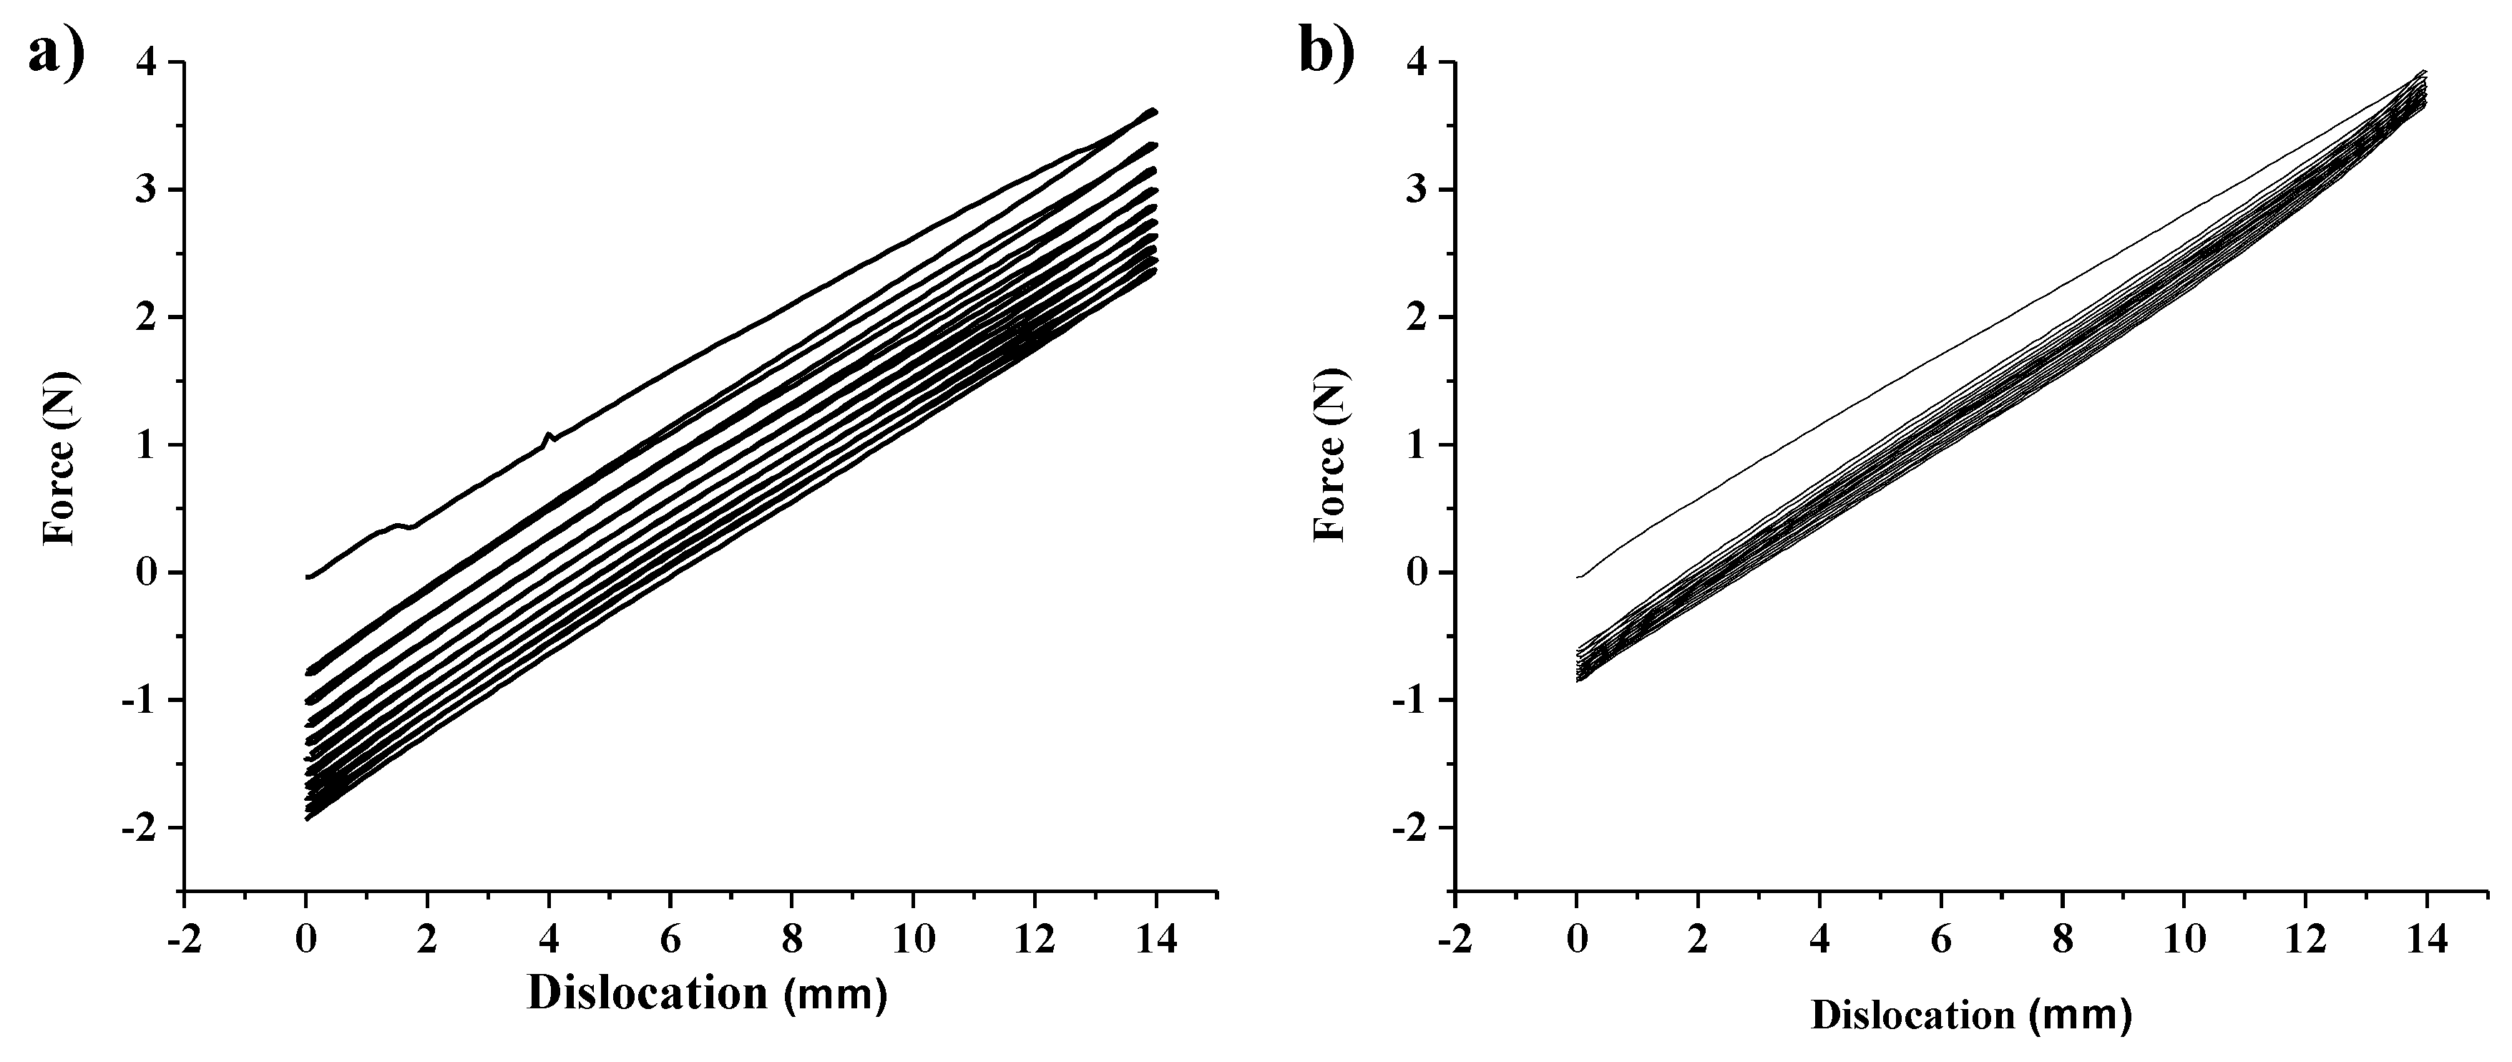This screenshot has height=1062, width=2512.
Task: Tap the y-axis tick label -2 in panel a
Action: [140, 827]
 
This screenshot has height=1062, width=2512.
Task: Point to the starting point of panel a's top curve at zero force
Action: [308, 576]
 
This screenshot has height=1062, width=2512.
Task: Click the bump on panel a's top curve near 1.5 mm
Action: [400, 525]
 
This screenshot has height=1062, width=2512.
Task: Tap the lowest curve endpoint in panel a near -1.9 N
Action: [308, 817]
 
